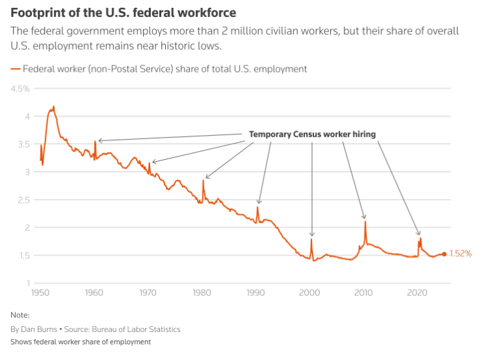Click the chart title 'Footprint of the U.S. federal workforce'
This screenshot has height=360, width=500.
[x=123, y=12]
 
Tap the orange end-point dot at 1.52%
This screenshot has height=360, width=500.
[x=445, y=254]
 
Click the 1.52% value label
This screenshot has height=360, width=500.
[x=460, y=254]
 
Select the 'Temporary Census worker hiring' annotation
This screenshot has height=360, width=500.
[x=312, y=134]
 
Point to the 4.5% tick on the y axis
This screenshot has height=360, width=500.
[x=20, y=89]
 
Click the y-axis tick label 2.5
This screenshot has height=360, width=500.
[x=22, y=200]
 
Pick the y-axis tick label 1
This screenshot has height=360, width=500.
[x=27, y=283]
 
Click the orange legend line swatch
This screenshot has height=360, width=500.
[x=15, y=69]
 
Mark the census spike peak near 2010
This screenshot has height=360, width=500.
[x=365, y=222]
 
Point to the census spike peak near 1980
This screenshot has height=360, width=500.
[x=203, y=181]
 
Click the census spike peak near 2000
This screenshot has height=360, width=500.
[x=311, y=239]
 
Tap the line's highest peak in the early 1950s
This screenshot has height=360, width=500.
[x=54, y=106]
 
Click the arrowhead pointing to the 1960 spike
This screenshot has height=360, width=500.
[x=99, y=140]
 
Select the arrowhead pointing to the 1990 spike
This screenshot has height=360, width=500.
[x=259, y=203]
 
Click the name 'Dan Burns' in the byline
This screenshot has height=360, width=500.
[x=39, y=329]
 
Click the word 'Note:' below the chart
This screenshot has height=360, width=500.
[x=21, y=314]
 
